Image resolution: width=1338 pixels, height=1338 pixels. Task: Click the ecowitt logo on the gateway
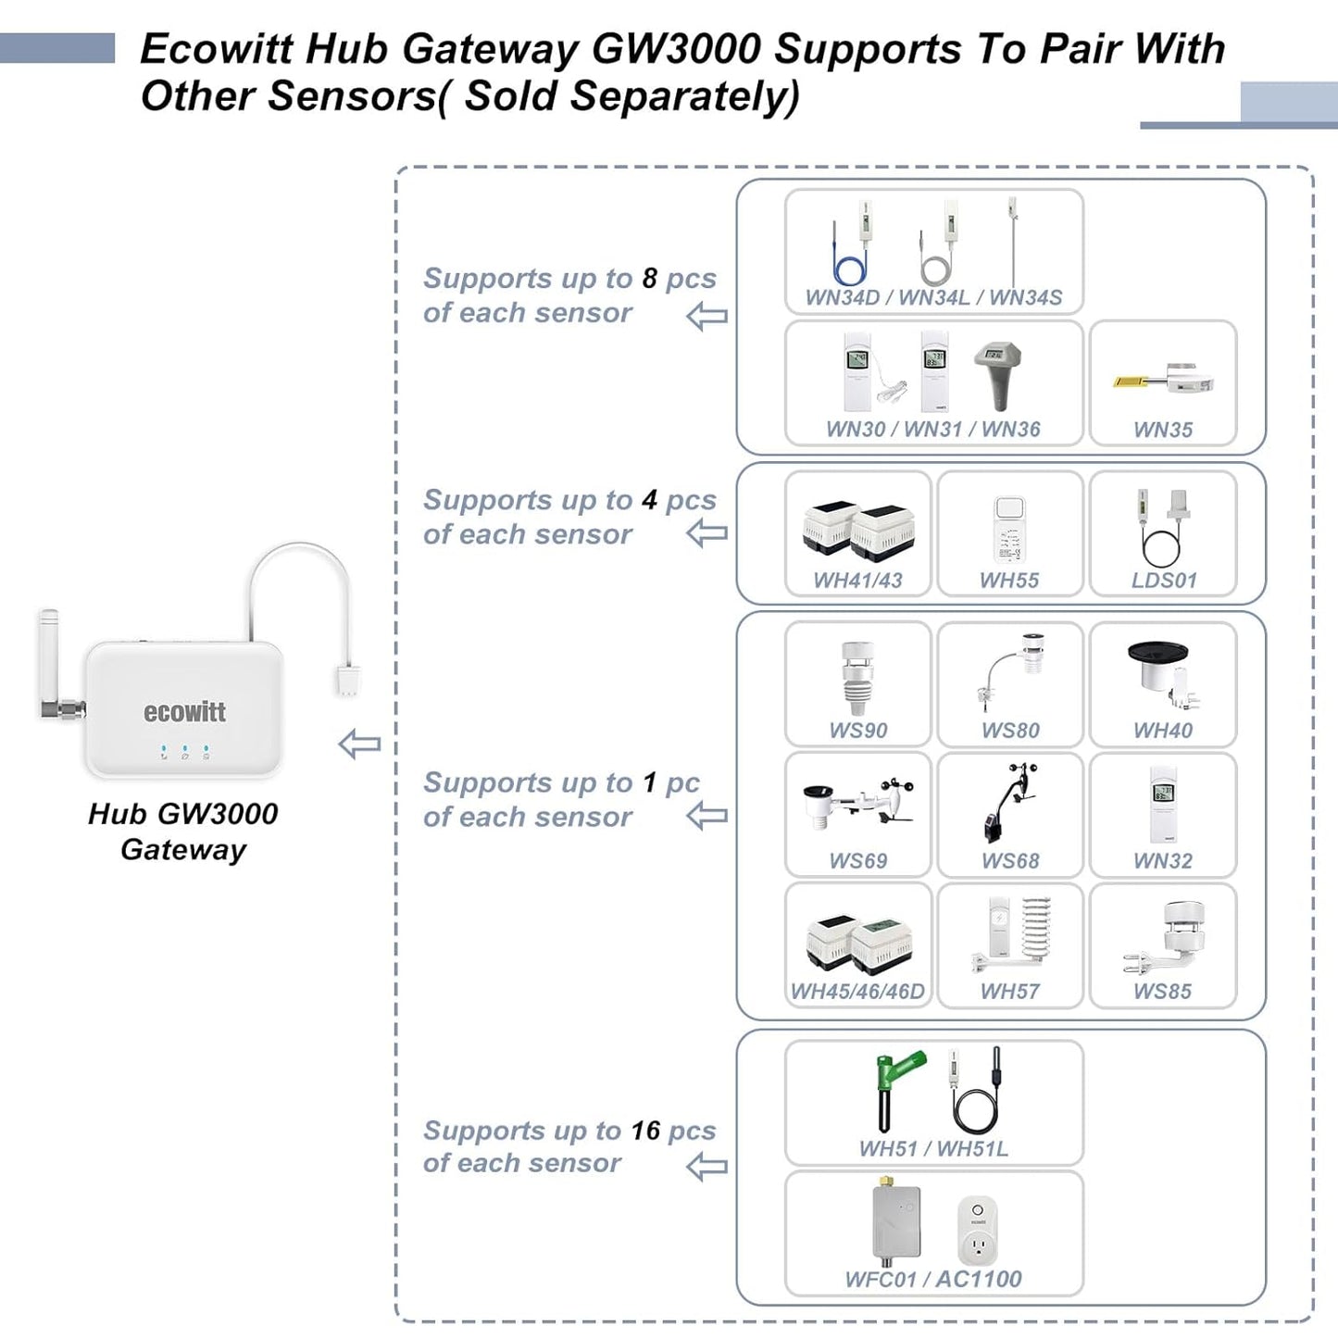click(184, 711)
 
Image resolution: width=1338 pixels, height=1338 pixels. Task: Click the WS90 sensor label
click(858, 731)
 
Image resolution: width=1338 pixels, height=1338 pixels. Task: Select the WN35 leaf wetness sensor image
click(1163, 381)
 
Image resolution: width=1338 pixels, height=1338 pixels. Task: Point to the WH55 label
click(1009, 581)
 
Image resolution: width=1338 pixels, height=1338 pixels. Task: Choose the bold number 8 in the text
click(650, 278)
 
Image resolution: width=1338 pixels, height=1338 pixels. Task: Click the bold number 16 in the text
click(645, 1131)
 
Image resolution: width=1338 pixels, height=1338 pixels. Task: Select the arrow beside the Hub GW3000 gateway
click(359, 744)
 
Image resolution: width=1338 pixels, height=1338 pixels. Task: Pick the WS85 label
click(1163, 991)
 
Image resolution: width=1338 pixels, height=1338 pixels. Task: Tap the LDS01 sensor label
click(1164, 581)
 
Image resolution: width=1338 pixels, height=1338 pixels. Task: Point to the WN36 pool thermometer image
click(997, 374)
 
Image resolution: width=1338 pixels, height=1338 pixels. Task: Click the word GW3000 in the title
click(676, 49)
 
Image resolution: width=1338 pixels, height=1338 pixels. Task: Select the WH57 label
click(1010, 991)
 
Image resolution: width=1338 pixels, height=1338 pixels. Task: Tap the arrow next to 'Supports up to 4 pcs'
click(707, 533)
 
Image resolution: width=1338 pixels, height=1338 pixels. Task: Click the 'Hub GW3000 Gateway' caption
click(183, 831)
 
